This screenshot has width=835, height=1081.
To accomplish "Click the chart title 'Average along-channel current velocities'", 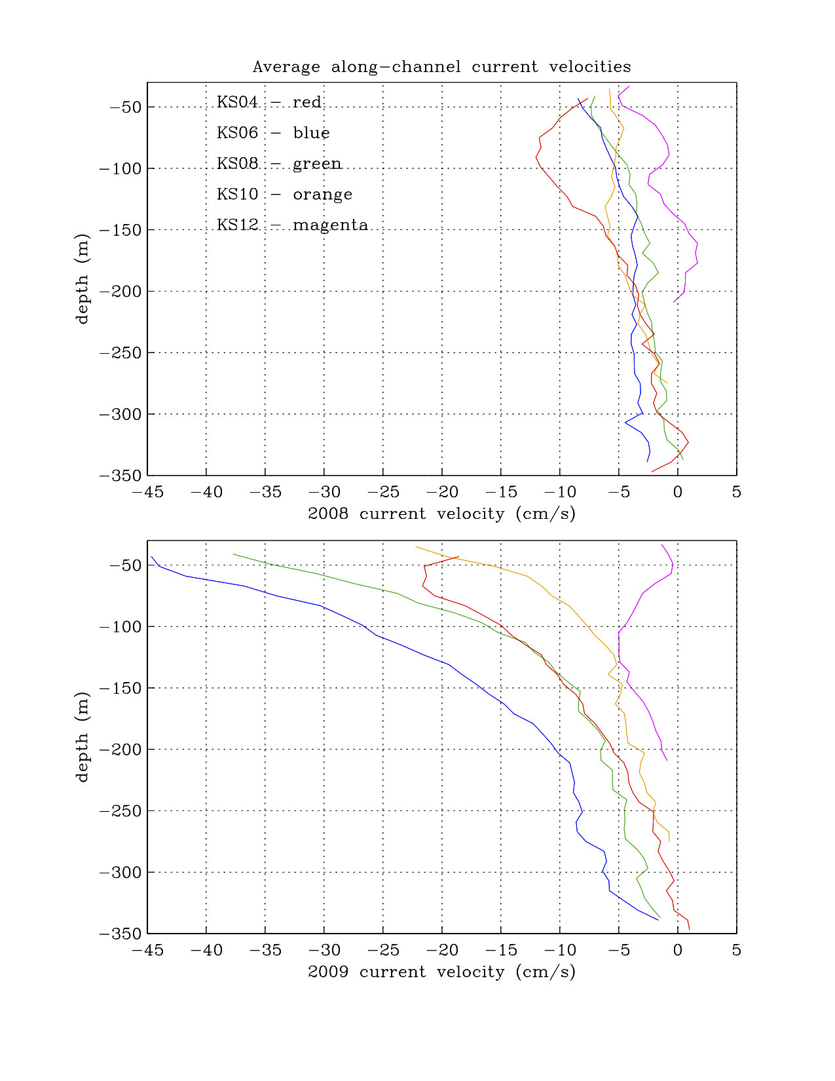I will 441,67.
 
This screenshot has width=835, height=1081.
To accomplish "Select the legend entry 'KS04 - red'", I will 269,102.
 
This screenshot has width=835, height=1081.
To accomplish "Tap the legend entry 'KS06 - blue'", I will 273,133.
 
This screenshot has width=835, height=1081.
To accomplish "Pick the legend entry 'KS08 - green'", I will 279,164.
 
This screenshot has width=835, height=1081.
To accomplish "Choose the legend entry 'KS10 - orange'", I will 284,195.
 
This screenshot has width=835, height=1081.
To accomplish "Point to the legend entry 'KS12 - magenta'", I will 292,225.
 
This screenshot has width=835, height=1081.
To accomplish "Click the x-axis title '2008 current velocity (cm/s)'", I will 441,514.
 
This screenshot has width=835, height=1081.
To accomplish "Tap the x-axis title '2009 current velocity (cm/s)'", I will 441,972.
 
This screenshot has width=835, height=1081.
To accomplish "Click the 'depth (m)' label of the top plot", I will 82,279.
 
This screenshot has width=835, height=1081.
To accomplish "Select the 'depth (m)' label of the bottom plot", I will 82,737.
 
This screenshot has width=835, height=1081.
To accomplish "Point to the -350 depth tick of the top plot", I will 121,476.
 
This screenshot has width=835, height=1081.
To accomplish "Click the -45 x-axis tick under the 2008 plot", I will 147,492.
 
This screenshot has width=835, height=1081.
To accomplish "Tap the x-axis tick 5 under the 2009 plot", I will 737,950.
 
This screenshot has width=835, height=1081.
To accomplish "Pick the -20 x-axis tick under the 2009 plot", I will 442,950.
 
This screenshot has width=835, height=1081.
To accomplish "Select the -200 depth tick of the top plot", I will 121,292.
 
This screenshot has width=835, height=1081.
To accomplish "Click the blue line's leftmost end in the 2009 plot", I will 151,557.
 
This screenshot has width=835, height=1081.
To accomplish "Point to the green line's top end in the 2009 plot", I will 233,554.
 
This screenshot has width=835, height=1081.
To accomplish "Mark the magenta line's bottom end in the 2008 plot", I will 674,302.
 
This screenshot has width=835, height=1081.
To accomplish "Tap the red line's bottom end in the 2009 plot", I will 690,929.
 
